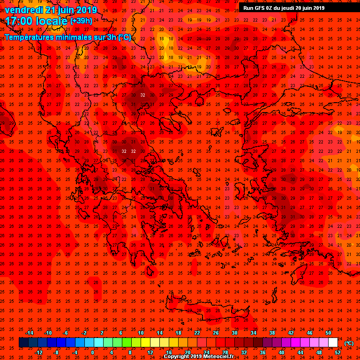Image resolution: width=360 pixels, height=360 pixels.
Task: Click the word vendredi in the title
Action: pyautogui.click(x=22, y=10)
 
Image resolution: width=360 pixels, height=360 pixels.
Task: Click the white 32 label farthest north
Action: pyautogui.click(x=142, y=95)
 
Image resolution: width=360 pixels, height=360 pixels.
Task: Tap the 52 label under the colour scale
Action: pyautogui.click(x=338, y=352)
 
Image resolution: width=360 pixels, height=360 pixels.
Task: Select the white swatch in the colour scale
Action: pyautogui.click(x=333, y=343)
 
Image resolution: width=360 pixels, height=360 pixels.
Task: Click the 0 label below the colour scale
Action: pyautogui.click(x=92, y=352)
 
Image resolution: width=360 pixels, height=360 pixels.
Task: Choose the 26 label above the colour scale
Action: pyautogui.click(x=216, y=333)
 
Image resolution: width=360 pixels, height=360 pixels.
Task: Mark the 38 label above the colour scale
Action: pyautogui.click(x=272, y=333)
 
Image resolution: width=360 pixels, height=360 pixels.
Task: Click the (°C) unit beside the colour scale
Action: pyautogui.click(x=349, y=343)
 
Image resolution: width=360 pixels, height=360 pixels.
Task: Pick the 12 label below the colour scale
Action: pyautogui.click(x=150, y=352)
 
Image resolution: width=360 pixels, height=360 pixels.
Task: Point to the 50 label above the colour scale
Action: pyautogui.click(x=328, y=333)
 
